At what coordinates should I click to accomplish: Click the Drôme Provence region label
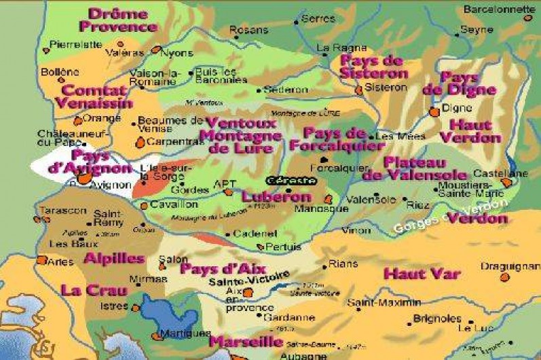point(118,20)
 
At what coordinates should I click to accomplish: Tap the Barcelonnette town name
point(498,10)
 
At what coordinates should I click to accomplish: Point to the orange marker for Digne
point(434,112)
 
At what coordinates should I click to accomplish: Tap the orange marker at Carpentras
point(140,142)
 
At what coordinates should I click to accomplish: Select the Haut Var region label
point(422,274)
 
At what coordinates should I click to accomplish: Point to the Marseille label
point(245,341)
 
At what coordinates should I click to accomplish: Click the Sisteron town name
point(386,88)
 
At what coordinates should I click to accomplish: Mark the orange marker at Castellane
point(506,183)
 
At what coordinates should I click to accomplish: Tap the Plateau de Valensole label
point(415,169)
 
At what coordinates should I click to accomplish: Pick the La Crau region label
point(94,290)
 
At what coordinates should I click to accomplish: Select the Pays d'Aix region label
point(217,268)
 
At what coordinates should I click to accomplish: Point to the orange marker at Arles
point(42,259)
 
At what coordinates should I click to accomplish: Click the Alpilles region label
point(114,258)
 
